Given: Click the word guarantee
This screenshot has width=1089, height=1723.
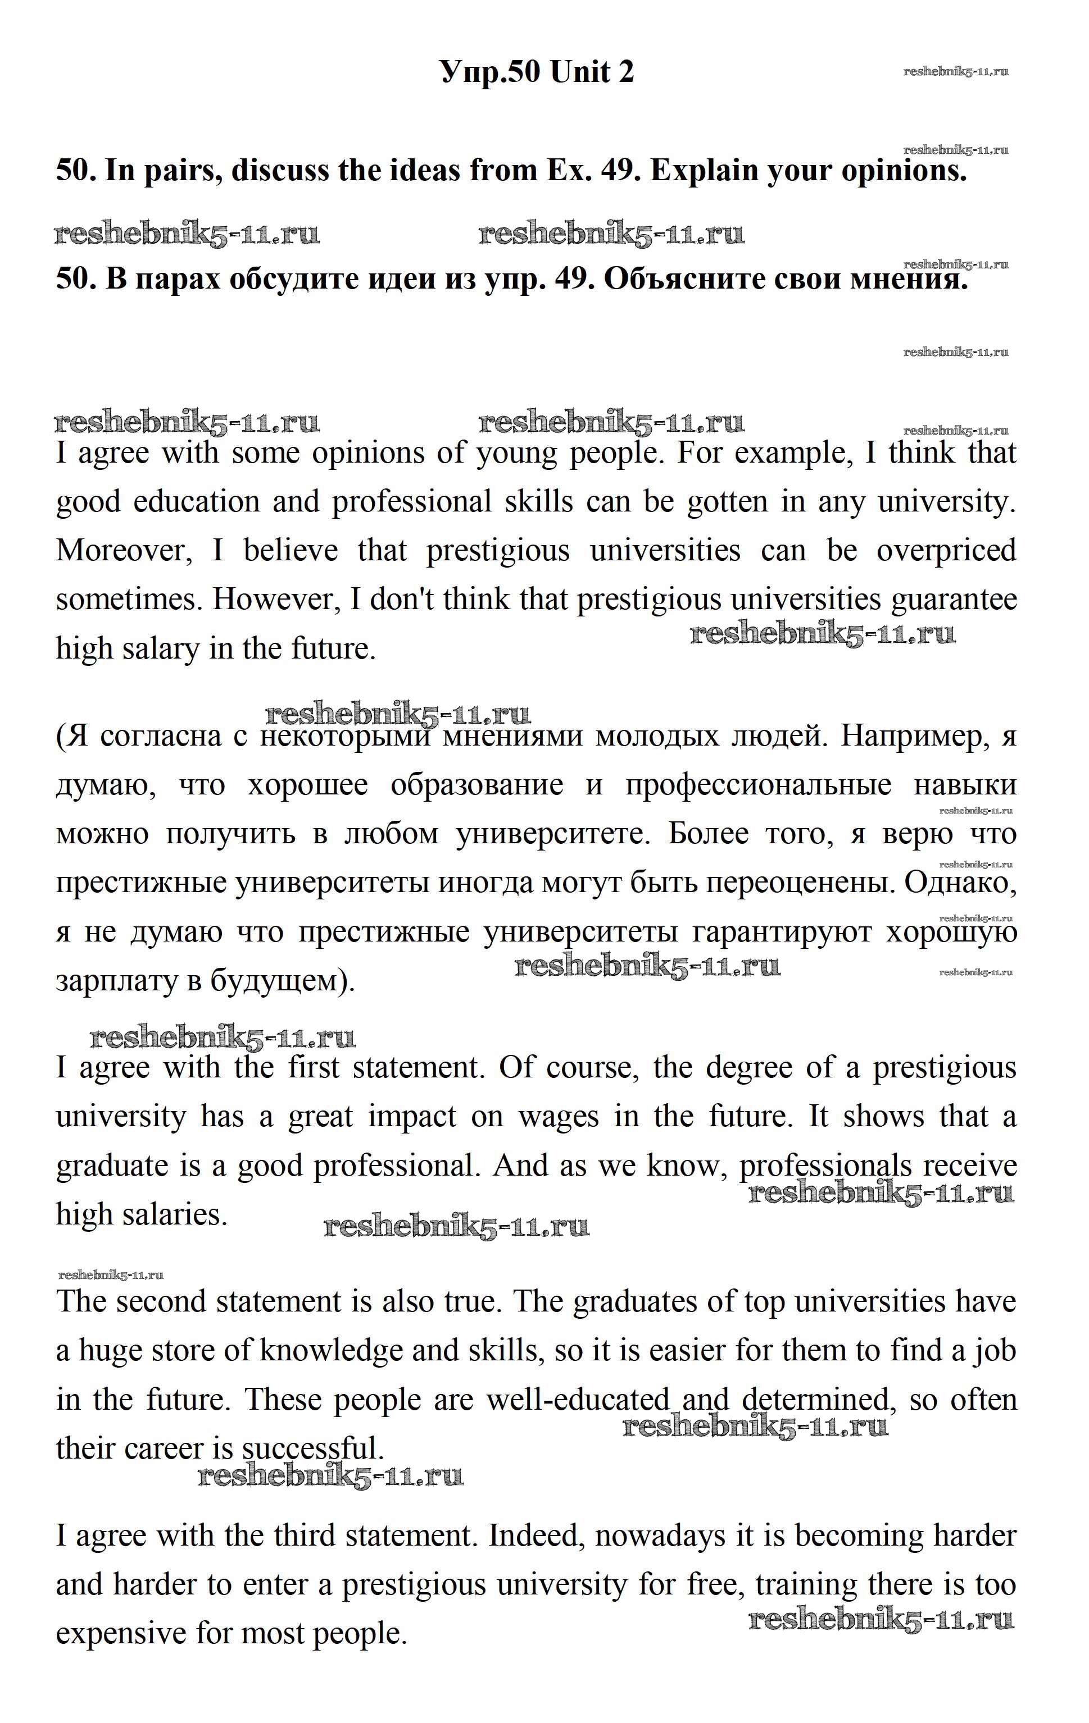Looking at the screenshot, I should [954, 600].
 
